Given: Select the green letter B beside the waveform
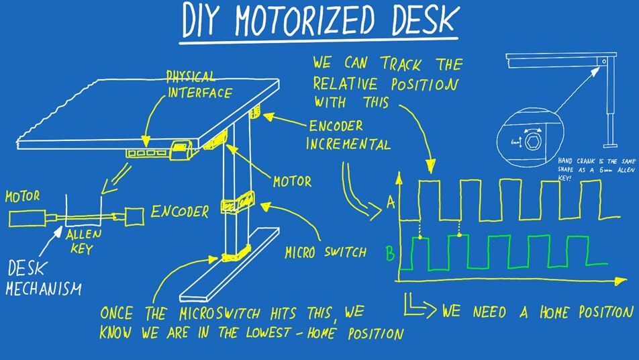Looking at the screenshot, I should coord(390,254).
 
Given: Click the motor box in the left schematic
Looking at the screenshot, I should coord(27,218).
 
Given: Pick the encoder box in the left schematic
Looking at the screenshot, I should coord(134,216).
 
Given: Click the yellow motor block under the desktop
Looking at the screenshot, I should coord(219,138).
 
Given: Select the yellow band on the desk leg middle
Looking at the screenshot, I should coord(238,200).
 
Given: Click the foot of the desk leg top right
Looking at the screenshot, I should coord(609,142).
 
